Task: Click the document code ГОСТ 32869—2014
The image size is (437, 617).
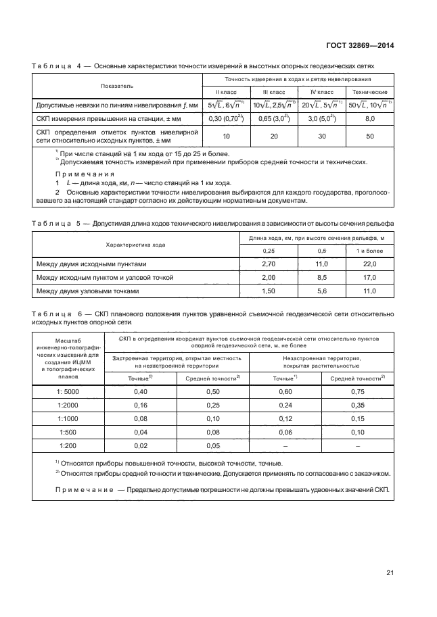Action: [x=361, y=45]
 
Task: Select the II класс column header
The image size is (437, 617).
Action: [x=227, y=91]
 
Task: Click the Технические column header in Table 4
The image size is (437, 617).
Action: [x=369, y=91]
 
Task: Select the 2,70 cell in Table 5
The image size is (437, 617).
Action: [x=269, y=264]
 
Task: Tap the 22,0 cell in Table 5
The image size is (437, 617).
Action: [x=369, y=264]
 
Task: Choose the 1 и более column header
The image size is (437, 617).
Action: [x=369, y=251]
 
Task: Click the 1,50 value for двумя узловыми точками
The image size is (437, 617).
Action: [x=269, y=291]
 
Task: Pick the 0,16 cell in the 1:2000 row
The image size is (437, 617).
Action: [x=141, y=405]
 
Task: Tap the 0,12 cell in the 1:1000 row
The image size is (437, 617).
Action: [x=286, y=419]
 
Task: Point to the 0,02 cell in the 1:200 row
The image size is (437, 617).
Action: [x=141, y=446]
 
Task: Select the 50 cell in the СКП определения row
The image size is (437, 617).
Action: [x=369, y=136]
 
